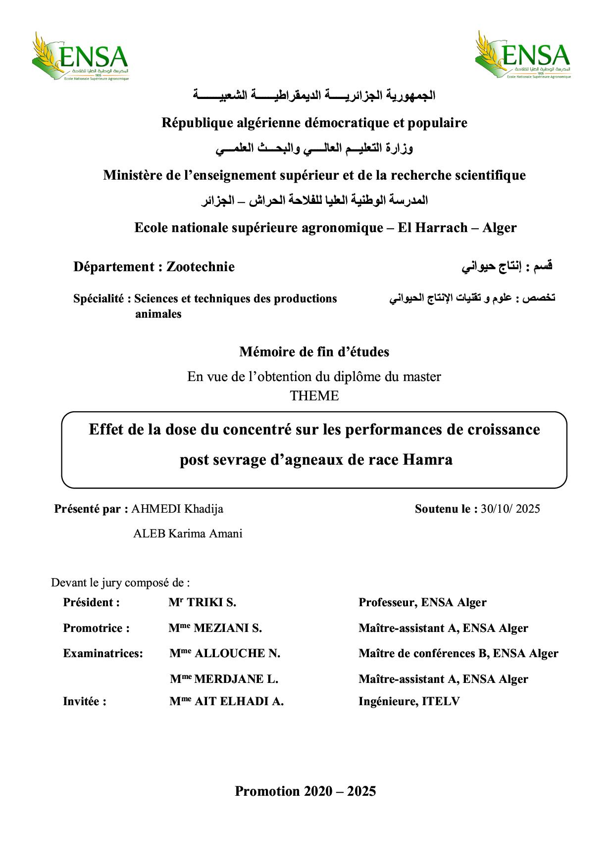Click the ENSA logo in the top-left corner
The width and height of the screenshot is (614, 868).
pos(80,56)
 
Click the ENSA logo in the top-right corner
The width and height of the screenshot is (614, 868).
pos(523,55)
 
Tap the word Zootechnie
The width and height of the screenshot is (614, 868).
pos(201,267)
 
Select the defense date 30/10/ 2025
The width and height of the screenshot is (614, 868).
pos(510,509)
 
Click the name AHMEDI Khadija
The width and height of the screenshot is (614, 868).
pos(177,509)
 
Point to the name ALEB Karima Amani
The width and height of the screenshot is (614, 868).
pos(188,534)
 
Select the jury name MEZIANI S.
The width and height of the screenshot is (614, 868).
pos(227,628)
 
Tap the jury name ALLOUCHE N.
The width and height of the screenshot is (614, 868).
pos(237,653)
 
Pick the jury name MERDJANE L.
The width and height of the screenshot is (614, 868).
pos(236,679)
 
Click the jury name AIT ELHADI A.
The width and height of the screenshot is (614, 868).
pos(239,701)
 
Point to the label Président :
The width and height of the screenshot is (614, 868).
pos(92,603)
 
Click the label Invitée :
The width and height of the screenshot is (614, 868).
pos(85,701)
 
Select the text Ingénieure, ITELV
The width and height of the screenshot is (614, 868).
pos(409,701)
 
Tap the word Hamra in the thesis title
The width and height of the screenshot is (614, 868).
pos(428,460)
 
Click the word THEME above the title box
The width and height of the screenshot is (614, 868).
pos(314,396)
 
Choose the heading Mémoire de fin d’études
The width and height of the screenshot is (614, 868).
pos(314,352)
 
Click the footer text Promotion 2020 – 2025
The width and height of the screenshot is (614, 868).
pos(306,791)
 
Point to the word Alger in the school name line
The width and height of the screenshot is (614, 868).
pos(500,228)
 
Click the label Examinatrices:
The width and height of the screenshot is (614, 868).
pos(103,653)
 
